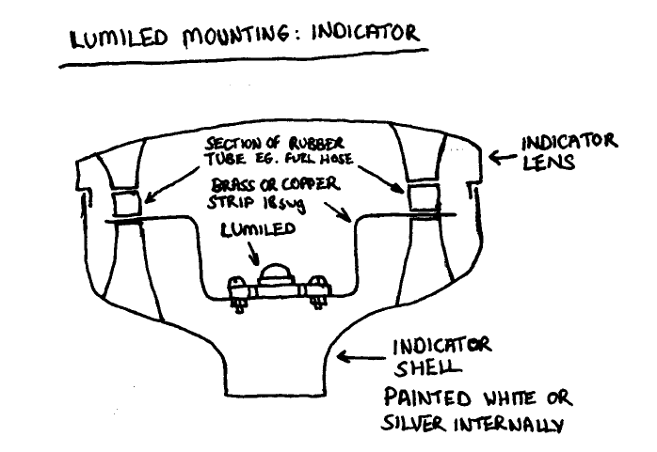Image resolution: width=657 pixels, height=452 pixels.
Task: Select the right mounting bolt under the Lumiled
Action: [319, 288]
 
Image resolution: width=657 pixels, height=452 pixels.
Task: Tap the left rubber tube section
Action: [124, 202]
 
